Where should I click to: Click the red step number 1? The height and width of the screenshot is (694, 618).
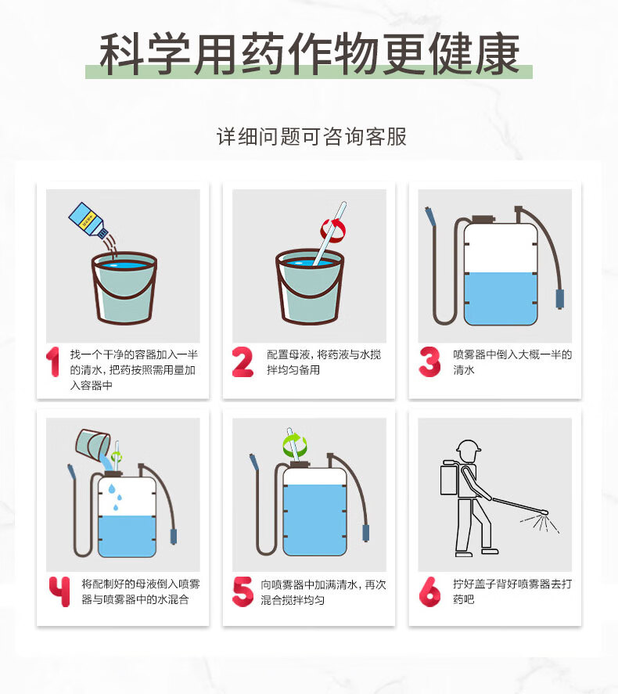(53, 361)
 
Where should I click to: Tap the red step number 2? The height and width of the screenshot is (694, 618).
(243, 361)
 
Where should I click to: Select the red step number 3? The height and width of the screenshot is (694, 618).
(429, 361)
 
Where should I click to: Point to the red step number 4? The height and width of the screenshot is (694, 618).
(59, 591)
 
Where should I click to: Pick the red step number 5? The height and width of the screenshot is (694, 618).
(243, 591)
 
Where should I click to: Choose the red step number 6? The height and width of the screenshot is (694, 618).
(429, 591)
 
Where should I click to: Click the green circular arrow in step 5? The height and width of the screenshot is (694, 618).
(295, 445)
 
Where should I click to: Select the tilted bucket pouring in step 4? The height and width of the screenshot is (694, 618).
(92, 444)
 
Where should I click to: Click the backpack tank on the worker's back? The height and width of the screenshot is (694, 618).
(451, 478)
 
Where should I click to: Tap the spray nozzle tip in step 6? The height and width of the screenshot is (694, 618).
(545, 512)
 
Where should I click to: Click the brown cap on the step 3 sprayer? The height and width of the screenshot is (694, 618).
(483, 218)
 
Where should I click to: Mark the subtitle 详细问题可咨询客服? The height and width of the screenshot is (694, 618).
(311, 136)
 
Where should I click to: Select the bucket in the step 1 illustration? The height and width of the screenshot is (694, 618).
(124, 288)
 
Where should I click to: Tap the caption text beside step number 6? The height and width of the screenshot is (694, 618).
(512, 592)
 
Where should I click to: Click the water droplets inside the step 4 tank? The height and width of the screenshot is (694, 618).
(114, 497)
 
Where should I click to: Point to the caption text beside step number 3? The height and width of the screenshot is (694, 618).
(512, 362)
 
